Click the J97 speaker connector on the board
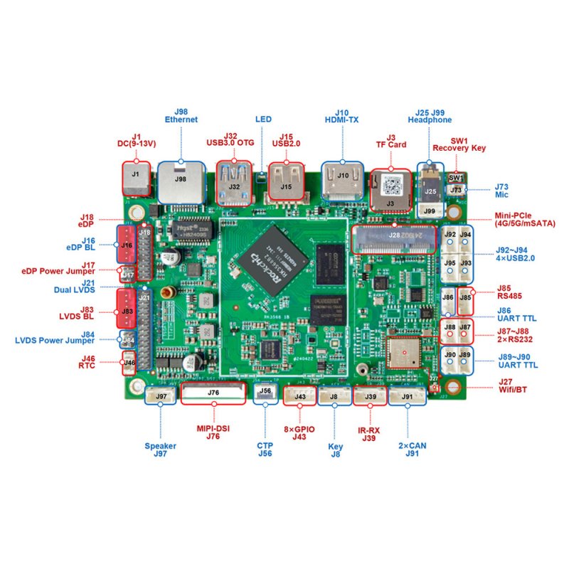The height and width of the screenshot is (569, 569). [161, 395]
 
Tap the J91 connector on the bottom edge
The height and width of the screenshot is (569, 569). [407, 395]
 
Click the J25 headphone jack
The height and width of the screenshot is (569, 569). [430, 186]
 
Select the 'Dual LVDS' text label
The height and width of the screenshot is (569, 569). [75, 289]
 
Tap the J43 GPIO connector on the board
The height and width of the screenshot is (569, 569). [300, 395]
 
